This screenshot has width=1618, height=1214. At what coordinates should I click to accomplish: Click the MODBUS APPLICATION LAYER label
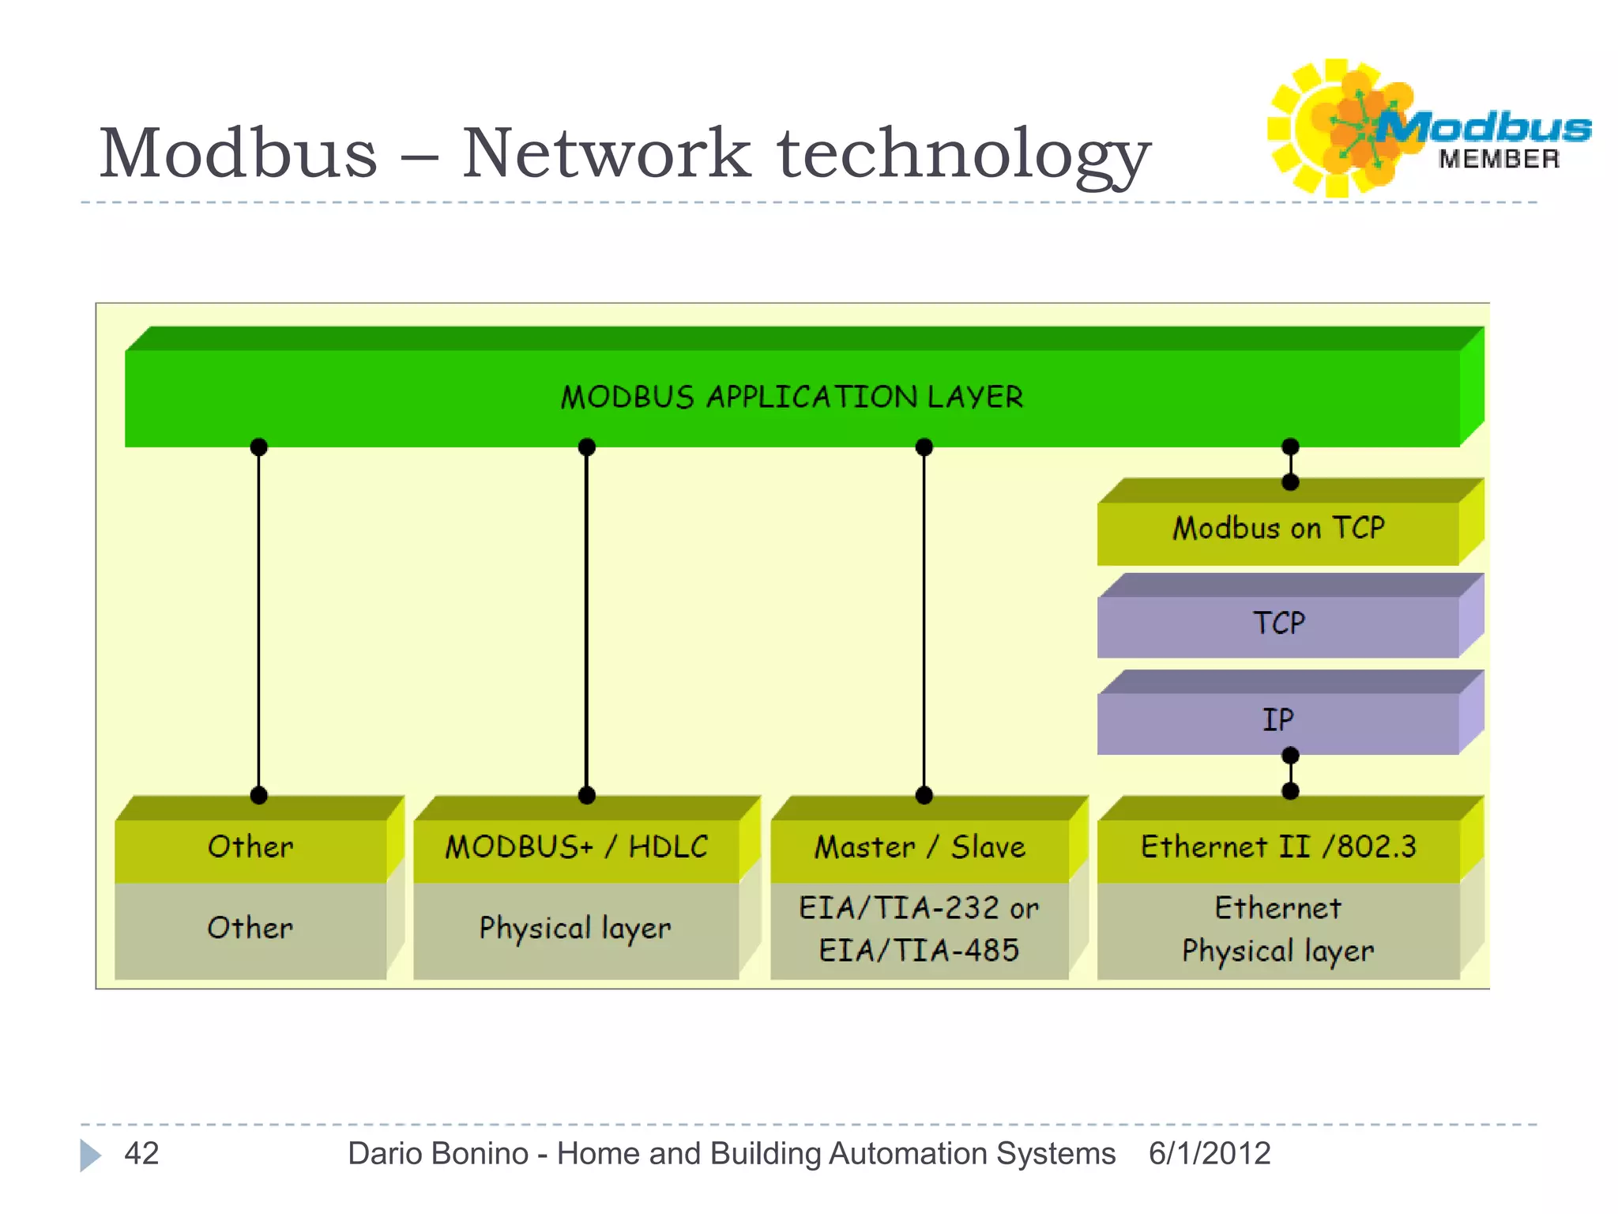click(792, 397)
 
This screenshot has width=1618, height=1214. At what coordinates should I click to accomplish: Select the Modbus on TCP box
click(1278, 528)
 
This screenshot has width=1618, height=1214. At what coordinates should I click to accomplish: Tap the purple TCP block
click(1278, 624)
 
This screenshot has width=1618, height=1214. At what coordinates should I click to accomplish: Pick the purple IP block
click(1278, 720)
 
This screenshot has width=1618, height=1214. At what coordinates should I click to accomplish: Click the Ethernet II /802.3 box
click(1278, 847)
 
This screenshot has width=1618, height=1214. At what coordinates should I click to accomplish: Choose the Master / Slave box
click(920, 847)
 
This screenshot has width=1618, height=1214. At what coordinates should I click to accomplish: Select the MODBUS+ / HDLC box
click(576, 847)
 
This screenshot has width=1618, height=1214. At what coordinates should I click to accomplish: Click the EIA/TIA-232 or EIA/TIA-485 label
click(919, 929)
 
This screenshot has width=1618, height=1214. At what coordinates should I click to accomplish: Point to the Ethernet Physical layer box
click(1278, 929)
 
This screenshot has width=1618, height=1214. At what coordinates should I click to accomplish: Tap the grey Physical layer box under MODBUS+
click(575, 928)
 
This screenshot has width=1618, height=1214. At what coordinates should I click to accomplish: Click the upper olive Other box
click(250, 847)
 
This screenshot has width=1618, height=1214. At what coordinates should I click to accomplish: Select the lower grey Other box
click(250, 928)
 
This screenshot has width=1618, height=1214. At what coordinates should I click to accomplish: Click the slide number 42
click(141, 1154)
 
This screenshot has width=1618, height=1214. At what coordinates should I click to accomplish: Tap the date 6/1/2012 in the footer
click(1209, 1154)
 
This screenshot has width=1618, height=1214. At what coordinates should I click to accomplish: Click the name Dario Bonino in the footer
click(438, 1154)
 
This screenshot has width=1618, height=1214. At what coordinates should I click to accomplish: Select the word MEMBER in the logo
click(1499, 160)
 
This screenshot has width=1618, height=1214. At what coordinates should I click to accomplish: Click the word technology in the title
click(964, 154)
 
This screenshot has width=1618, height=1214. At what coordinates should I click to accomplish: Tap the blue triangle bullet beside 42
click(90, 1156)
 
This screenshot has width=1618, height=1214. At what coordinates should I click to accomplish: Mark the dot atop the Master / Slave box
click(924, 795)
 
